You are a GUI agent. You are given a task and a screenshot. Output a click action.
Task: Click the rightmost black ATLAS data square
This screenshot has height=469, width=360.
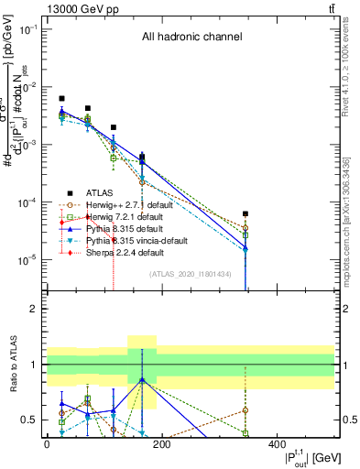245,214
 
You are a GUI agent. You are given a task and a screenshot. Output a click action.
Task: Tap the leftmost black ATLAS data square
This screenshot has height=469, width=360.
61,98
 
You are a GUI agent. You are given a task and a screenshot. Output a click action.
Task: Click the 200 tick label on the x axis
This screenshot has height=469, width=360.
161,444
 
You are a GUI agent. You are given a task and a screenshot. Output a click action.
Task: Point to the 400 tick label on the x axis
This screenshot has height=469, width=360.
277,444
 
